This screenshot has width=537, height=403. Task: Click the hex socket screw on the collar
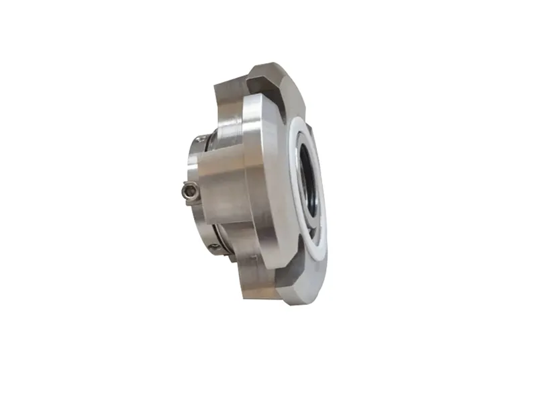coord(190,192)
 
